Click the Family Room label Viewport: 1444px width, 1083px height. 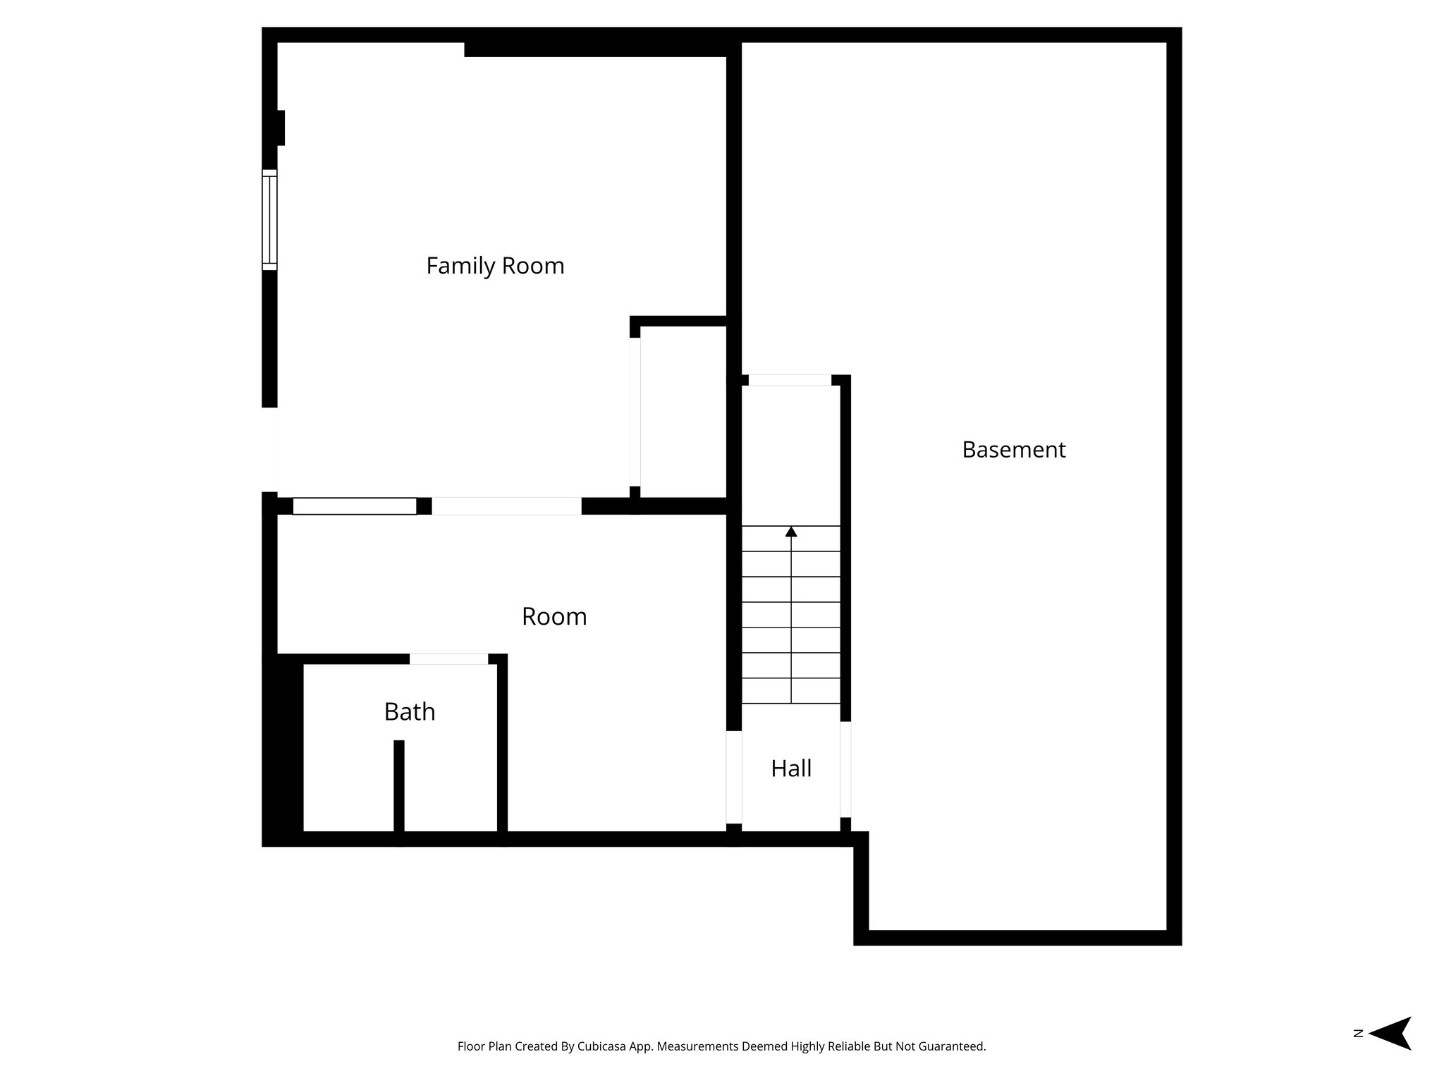tap(495, 266)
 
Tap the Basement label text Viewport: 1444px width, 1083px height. tap(1013, 450)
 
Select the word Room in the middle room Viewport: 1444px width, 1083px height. tap(554, 617)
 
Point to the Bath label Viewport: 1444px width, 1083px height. tap(410, 712)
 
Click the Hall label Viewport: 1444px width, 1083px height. tap(791, 769)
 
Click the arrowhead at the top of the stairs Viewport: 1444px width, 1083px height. tap(791, 532)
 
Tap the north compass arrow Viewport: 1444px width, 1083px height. tap(1390, 1034)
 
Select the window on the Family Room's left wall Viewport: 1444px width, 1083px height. tap(269, 220)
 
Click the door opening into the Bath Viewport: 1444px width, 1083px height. tap(448, 659)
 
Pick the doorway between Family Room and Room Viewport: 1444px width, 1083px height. tap(506, 506)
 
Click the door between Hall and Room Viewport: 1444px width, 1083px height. tap(734, 777)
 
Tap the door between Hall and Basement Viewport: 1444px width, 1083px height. tap(845, 770)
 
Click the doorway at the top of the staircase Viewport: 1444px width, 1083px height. tap(790, 381)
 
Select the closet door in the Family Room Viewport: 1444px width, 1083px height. tap(635, 412)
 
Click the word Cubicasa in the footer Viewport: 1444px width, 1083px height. tap(604, 1046)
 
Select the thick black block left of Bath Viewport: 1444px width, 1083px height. tap(283, 747)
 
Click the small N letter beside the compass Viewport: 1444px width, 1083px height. tap(1358, 1034)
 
